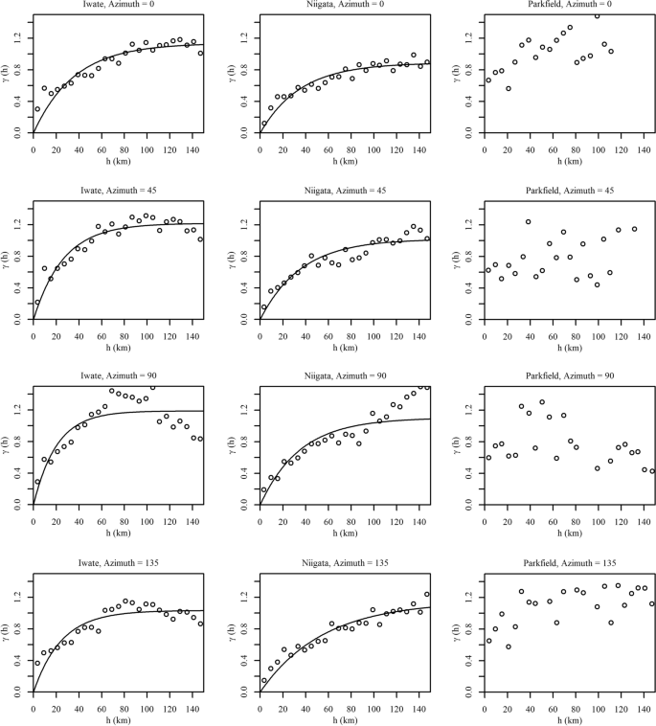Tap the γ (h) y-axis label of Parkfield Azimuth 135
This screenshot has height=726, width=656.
[x=462, y=632]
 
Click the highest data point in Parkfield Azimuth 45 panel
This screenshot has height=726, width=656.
[x=528, y=222]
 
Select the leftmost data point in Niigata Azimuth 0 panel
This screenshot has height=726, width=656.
[x=264, y=124]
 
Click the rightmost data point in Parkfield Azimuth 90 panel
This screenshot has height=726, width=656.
[x=652, y=470]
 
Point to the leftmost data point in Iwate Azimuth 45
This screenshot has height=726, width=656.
[x=37, y=303]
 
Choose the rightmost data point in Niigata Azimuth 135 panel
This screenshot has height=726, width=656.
[x=427, y=595]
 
